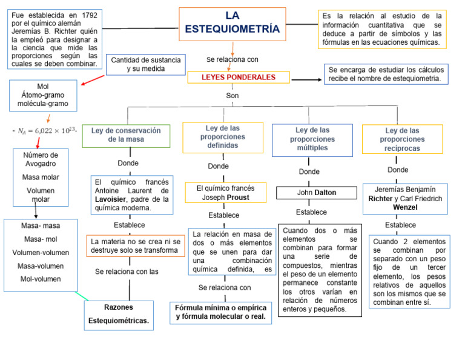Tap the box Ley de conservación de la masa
point(126,135)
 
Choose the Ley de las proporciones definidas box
point(223,137)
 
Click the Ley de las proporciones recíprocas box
point(402,139)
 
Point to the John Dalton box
point(317,193)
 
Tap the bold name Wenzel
point(405,207)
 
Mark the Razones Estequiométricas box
point(118,313)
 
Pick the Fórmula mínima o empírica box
point(220,312)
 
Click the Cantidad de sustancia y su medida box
point(145,64)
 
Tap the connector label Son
point(232,96)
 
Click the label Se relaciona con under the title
point(232,59)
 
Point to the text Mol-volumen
point(40,279)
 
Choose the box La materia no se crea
point(134,245)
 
